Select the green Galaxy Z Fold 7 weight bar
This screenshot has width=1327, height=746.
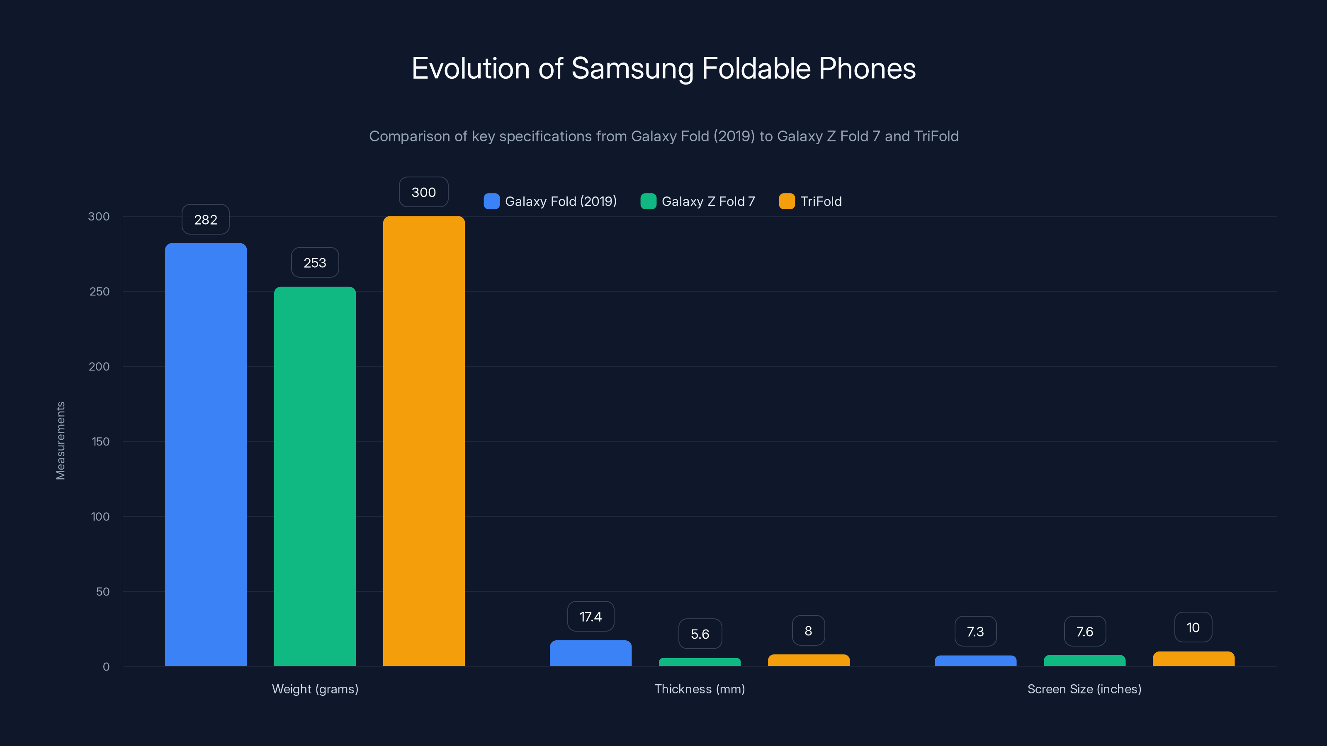315,476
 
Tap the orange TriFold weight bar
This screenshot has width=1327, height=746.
423,441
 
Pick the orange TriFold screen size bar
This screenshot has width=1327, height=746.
1193,659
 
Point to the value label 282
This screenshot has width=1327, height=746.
206,220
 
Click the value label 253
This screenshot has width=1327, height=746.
315,263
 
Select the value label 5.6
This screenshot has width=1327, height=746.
700,634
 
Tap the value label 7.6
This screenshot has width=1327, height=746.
1084,632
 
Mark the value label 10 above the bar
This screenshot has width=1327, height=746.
1193,627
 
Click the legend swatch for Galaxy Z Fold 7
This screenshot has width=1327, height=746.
648,201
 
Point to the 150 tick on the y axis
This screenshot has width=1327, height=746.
100,442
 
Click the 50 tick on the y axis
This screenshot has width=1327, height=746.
102,591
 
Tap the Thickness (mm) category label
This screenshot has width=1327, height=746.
700,689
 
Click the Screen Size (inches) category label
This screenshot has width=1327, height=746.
1084,689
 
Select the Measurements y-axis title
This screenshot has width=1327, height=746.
60,441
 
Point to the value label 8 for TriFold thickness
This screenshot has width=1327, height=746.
808,631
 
